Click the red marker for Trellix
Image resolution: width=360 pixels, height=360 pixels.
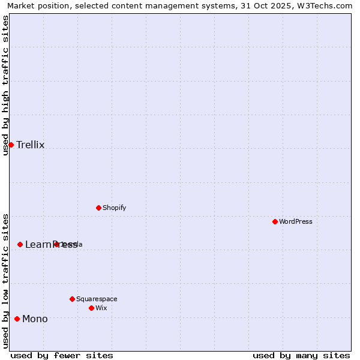(11, 145)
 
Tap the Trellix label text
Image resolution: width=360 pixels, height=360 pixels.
(31, 145)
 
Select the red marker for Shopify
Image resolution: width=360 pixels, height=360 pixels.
(98, 208)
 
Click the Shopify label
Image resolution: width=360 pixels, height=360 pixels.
(114, 208)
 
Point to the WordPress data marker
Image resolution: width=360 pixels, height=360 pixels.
(275, 221)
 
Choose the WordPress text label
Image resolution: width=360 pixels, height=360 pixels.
(295, 221)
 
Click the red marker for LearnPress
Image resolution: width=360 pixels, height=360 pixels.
(20, 244)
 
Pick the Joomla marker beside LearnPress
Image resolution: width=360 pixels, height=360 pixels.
(56, 244)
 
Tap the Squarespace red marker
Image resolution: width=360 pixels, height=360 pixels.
(72, 299)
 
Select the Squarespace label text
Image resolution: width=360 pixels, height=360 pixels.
(97, 299)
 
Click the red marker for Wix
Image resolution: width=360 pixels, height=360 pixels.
(91, 308)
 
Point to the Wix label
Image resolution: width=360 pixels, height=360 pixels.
(101, 308)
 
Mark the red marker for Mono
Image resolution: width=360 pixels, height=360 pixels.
(17, 319)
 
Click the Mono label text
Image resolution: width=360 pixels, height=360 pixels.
(35, 319)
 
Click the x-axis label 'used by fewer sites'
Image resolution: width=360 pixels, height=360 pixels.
(62, 355)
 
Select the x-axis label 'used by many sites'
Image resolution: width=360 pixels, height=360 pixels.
(301, 355)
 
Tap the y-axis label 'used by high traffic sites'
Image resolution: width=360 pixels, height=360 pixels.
(5, 85)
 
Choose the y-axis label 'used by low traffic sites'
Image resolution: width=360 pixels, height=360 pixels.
(5, 281)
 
